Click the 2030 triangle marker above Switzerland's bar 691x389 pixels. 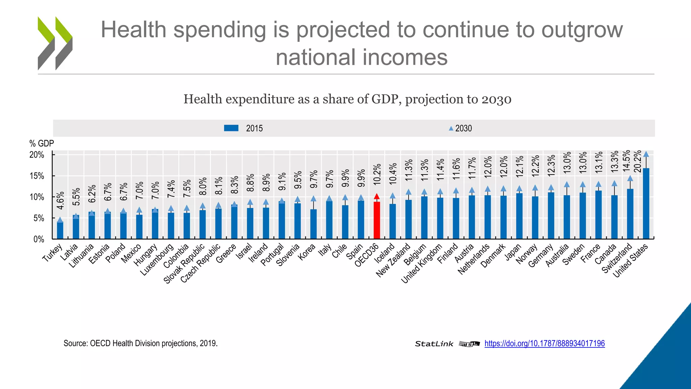coord(630,179)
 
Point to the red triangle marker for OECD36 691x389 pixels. coord(377,197)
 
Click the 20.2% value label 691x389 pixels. coord(638,161)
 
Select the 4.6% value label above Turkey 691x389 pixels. coord(60,202)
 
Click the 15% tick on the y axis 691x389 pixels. coord(37,176)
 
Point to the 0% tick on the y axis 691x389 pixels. coord(39,239)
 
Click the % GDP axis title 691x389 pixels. coord(42,144)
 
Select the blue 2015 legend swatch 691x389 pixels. coord(231,128)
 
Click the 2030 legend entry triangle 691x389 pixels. coord(451,128)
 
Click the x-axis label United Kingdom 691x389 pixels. coord(422,263)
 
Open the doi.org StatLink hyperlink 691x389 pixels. coord(544,343)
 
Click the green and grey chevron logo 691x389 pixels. coord(55,43)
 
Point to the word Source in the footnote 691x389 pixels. coord(75,343)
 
